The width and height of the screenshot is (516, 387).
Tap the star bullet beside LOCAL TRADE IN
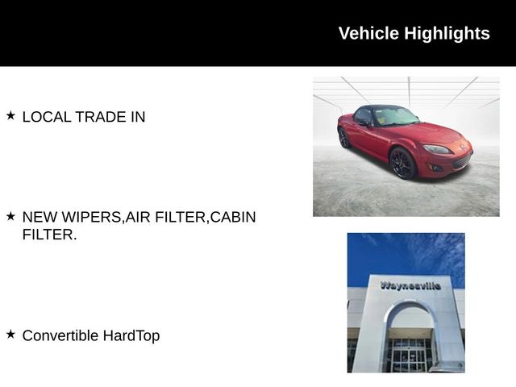[x=10, y=116]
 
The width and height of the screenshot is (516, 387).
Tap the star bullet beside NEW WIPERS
[x=10, y=217]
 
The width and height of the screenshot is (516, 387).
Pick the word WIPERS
[x=94, y=218]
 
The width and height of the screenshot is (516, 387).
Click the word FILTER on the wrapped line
[x=48, y=235]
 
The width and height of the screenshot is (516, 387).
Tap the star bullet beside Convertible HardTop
[x=10, y=335]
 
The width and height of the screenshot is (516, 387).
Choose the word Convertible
[x=60, y=335]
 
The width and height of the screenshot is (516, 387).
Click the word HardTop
[x=131, y=335]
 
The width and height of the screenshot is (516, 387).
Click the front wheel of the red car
[x=402, y=164]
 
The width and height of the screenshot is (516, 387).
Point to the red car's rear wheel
[x=344, y=138]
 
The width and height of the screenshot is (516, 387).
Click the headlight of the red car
[x=438, y=149]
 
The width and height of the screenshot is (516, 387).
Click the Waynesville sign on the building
[x=410, y=285]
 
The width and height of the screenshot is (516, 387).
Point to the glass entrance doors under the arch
[x=409, y=355]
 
